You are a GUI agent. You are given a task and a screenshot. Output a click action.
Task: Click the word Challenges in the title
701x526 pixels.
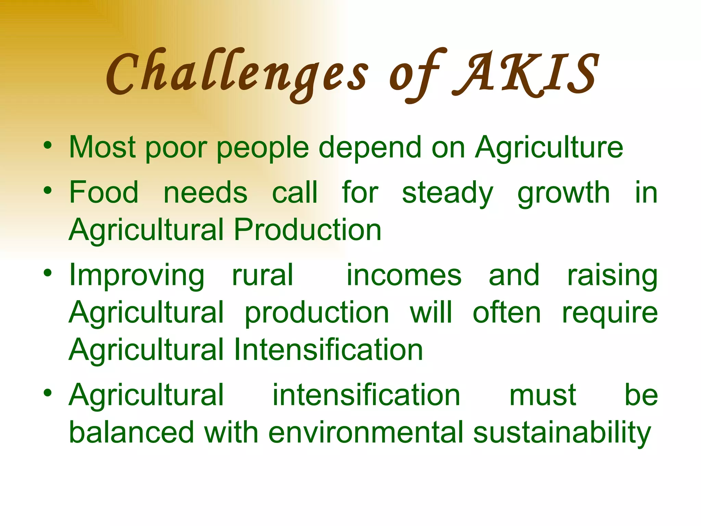pos(236,74)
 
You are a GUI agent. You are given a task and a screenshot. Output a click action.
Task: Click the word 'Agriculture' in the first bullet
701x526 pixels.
pos(549,148)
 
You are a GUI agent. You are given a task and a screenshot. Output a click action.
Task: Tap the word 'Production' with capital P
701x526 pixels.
pos(307,230)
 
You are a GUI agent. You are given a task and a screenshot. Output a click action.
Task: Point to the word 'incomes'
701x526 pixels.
pos(404,275)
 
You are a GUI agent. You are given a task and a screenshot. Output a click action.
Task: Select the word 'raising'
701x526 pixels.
pos(612,276)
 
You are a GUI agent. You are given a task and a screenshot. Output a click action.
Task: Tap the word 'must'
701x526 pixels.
pos(543,396)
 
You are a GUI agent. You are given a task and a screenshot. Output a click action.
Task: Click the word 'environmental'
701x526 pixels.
pos(366,433)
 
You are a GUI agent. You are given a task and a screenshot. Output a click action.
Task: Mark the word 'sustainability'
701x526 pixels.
pos(562,433)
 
